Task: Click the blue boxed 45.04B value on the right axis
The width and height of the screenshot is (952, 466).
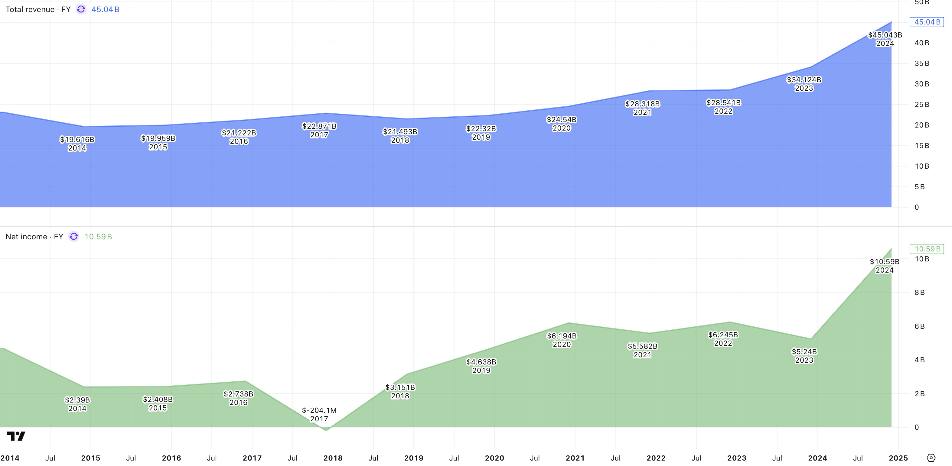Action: [927, 22]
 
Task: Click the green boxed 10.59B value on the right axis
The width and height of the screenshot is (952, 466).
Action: [927, 249]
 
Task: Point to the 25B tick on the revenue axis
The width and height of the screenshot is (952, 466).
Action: [922, 105]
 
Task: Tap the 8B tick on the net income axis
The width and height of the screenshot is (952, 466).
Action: [919, 293]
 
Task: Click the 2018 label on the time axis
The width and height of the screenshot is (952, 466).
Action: [333, 458]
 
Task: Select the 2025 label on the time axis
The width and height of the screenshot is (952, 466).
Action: [898, 458]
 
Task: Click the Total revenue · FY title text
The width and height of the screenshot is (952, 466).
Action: [38, 10]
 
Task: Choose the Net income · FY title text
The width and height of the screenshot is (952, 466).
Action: [34, 237]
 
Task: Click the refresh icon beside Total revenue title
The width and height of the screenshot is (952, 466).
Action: [81, 9]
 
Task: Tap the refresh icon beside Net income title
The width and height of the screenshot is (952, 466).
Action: [74, 236]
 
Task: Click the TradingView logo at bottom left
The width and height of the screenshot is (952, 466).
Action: [16, 436]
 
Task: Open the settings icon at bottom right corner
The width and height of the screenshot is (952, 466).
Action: [931, 458]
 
